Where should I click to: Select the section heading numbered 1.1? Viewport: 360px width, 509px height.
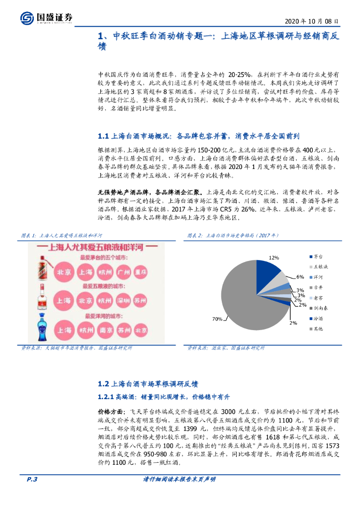[199, 136]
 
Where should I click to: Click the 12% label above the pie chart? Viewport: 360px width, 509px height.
[273, 258]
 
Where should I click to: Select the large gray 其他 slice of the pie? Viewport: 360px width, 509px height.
[244, 303]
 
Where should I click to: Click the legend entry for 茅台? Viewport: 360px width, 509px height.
[317, 256]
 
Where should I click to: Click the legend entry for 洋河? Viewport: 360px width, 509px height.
[317, 277]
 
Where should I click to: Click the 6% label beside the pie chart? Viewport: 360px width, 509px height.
[300, 277]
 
